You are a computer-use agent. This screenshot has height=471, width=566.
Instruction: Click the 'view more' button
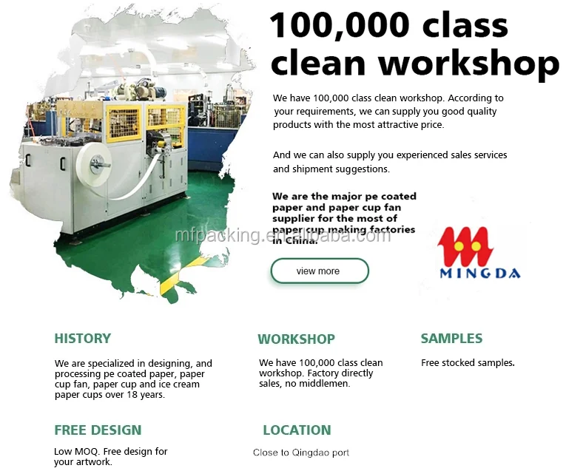320,271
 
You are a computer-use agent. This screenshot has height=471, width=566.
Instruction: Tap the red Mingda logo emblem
465,246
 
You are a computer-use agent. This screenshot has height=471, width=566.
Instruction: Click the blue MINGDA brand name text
480,273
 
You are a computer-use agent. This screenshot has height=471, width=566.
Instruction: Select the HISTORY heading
83,339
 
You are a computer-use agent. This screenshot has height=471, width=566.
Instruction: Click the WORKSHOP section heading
297,339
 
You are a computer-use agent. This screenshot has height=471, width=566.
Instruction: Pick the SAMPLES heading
451,339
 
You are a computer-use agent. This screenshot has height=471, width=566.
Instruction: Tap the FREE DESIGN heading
98,430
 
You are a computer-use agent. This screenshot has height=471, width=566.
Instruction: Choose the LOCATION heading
297,430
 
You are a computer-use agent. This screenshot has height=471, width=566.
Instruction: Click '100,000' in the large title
340,25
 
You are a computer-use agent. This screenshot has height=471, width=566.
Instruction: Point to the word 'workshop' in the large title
468,64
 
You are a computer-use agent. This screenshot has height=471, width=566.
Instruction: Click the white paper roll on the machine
95,164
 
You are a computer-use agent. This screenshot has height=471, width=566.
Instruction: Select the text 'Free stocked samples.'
468,363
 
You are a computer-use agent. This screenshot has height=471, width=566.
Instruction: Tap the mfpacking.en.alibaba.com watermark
283,235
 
